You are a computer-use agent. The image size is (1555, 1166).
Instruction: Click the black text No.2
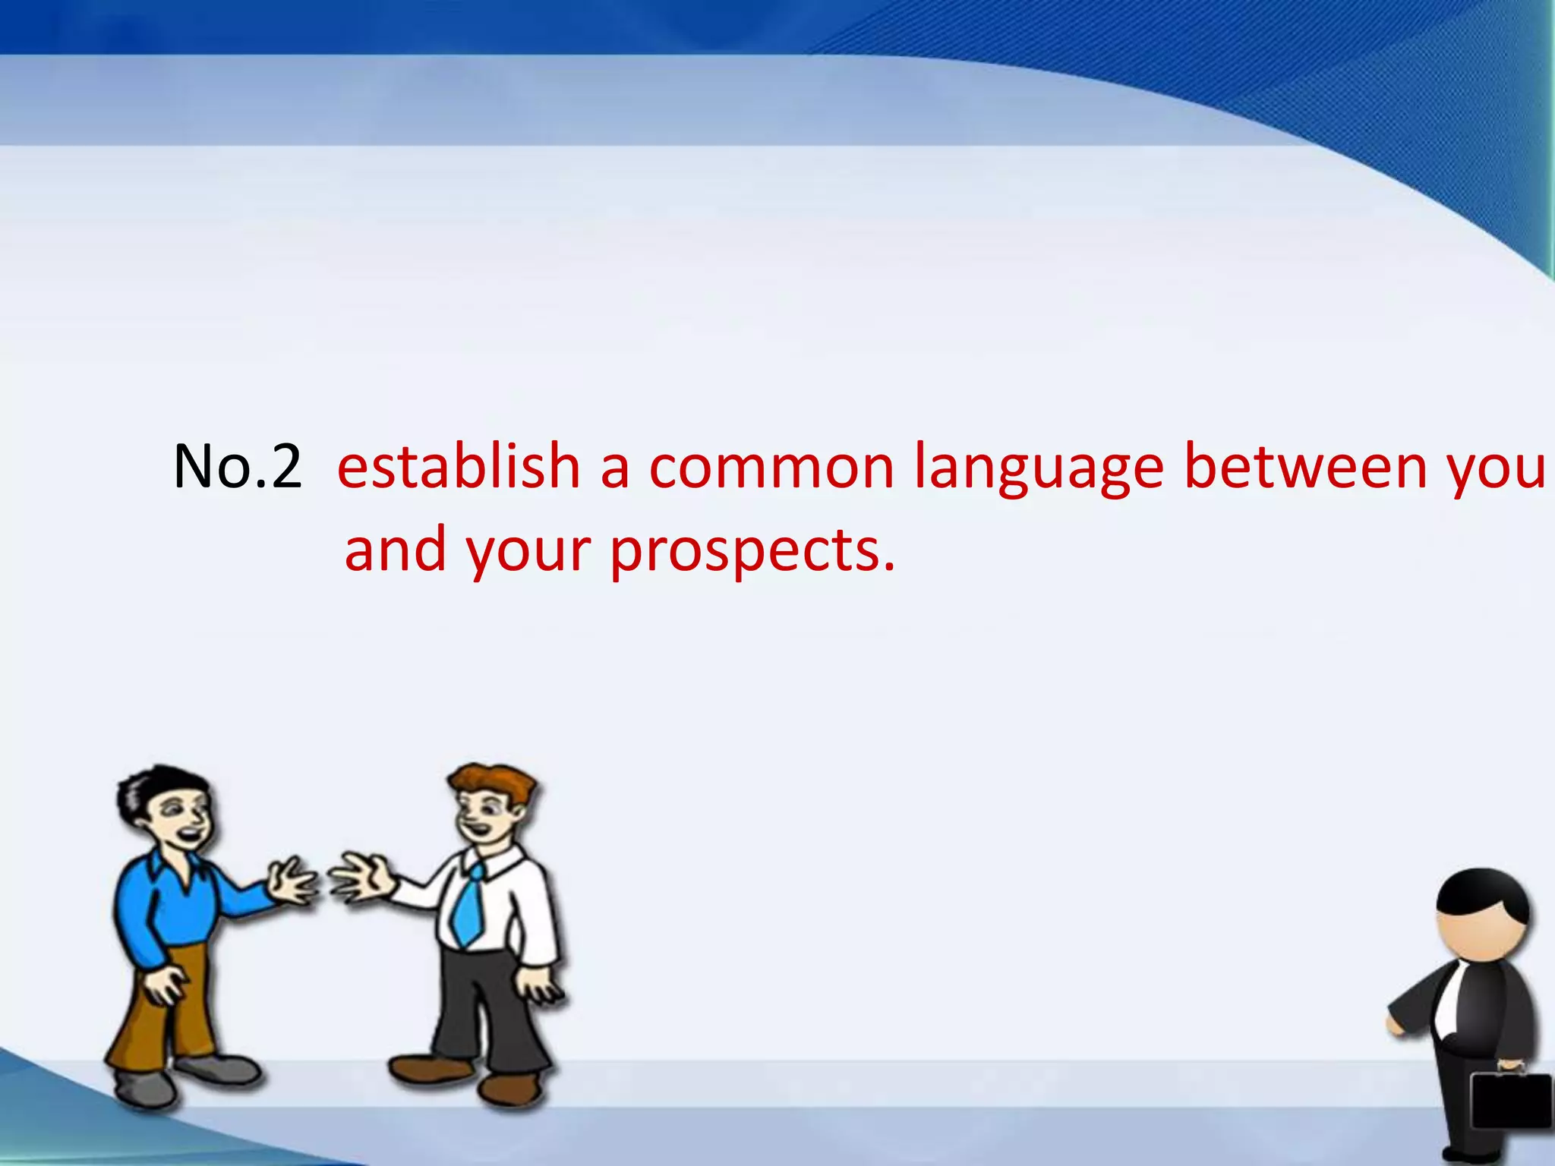pyautogui.click(x=237, y=466)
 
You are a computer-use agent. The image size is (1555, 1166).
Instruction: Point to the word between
pyautogui.click(x=1305, y=466)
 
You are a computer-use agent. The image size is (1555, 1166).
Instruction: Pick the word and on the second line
pyautogui.click(x=395, y=550)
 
